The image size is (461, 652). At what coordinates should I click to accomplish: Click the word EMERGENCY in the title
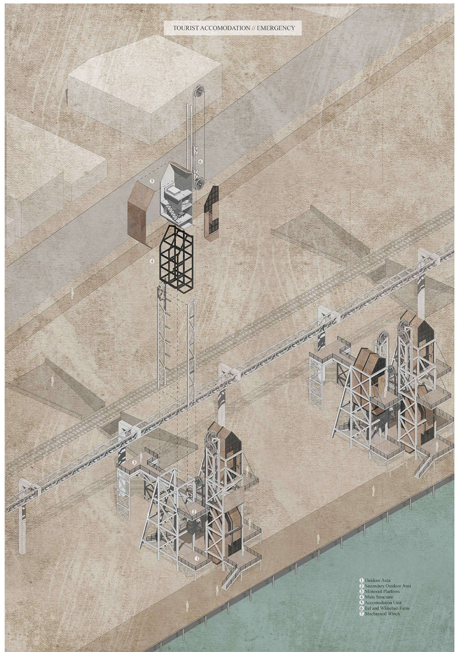click(276, 28)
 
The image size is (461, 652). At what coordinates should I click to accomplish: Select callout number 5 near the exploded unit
click(152, 181)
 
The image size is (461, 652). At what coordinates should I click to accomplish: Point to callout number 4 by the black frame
click(152, 261)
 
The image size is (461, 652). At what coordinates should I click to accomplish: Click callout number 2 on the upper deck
click(194, 511)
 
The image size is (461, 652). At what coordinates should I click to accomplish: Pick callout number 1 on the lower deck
click(197, 558)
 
